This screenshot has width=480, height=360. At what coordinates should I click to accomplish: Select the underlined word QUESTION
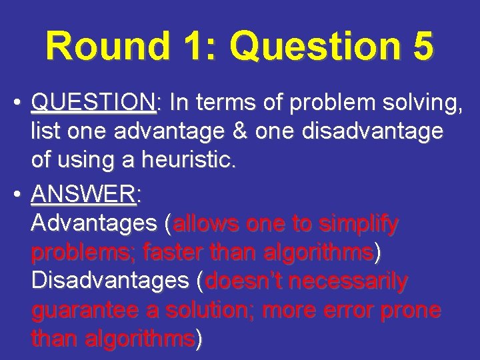[x=93, y=103]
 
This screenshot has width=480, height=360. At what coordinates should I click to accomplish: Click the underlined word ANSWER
[x=83, y=195]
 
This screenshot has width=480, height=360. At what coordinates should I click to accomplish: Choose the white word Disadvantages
[x=111, y=281]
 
